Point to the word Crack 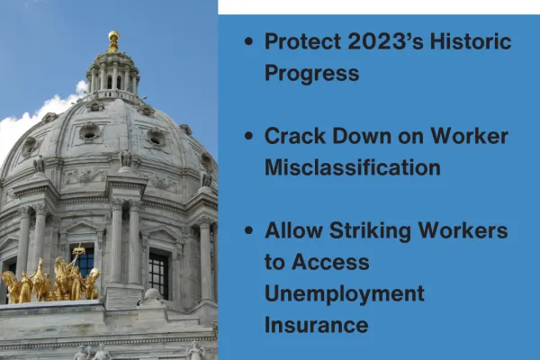click(x=292, y=137)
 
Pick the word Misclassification click(x=352, y=167)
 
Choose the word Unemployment click(x=344, y=293)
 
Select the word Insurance click(x=316, y=324)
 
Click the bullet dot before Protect click(x=248, y=43)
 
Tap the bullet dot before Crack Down click(x=248, y=138)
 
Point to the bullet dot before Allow click(x=248, y=231)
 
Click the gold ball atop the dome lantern click(x=113, y=37)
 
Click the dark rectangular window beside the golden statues click(x=158, y=274)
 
